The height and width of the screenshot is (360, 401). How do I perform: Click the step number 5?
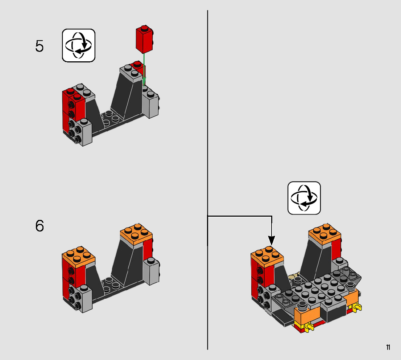click(x=40, y=46)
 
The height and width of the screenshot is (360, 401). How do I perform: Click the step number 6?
click(x=40, y=226)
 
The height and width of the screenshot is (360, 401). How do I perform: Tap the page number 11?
click(x=388, y=347)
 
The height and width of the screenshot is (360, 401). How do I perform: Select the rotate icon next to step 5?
click(x=79, y=45)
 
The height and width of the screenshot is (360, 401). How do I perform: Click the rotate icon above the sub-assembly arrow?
click(x=304, y=198)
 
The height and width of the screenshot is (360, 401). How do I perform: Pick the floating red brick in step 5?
click(x=144, y=39)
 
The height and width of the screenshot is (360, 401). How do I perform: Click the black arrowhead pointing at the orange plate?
click(x=272, y=240)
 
